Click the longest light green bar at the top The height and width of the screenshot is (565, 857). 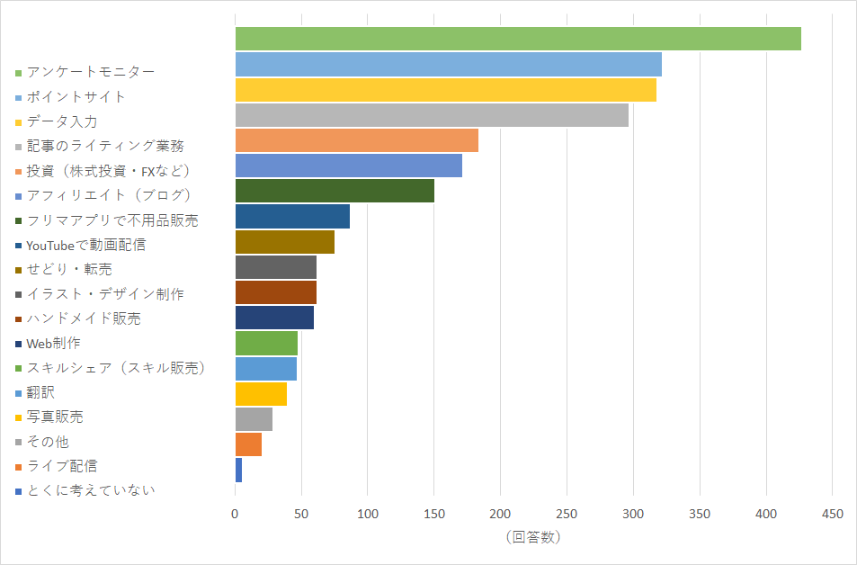[518, 39]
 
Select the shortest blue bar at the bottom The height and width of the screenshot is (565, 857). [238, 470]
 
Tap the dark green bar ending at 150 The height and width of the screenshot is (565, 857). [335, 191]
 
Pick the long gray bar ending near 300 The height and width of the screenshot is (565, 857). [432, 114]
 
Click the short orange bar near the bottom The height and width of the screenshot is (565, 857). [248, 444]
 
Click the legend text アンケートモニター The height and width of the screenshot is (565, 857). [91, 72]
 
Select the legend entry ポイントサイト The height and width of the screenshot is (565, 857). [76, 96]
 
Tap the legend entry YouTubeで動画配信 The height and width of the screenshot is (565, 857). [86, 244]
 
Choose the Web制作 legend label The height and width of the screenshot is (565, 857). [54, 343]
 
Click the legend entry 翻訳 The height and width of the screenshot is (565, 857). [40, 392]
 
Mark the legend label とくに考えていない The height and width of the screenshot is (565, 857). [91, 490]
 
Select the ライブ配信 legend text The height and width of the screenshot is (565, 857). [62, 466]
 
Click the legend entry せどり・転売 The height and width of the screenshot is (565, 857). [69, 269]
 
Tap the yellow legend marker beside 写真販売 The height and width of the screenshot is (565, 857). [18, 417]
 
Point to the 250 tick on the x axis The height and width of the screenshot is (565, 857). [567, 514]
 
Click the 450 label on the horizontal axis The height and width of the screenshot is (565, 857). [832, 514]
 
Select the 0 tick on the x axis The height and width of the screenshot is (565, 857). [236, 514]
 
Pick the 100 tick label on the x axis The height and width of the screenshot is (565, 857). [368, 514]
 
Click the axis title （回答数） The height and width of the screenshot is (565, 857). [532, 537]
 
